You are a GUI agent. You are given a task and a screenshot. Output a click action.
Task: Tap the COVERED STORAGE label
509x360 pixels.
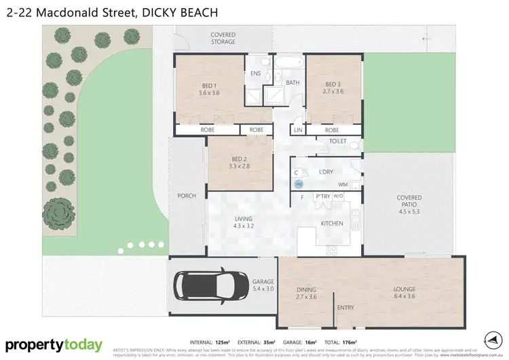click(x=223, y=38)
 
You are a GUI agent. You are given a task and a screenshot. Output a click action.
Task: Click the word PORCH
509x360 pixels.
click(x=187, y=196)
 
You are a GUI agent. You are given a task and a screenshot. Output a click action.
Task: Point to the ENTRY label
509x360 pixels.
click(x=345, y=308)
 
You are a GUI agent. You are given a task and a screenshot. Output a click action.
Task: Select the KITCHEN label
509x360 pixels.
click(x=331, y=223)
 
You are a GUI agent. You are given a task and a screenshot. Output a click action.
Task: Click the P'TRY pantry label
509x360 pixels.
click(x=322, y=197)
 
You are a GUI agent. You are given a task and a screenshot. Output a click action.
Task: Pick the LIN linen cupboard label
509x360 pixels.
click(x=297, y=130)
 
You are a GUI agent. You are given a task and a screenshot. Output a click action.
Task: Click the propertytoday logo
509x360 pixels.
click(x=54, y=345)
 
